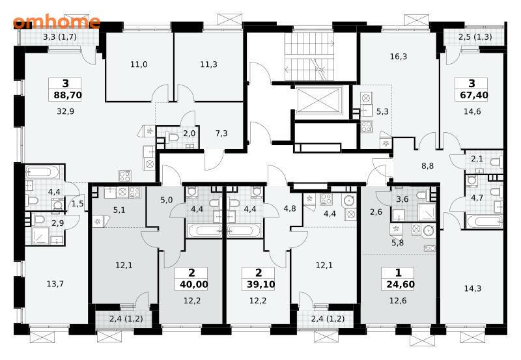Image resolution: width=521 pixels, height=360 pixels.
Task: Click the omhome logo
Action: (57, 22)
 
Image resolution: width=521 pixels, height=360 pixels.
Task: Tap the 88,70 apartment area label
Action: (68, 95)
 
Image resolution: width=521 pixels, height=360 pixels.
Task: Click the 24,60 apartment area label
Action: (401, 284)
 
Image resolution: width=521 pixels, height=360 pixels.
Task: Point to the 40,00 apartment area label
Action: (193, 284)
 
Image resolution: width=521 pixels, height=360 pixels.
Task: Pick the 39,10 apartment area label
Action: (260, 284)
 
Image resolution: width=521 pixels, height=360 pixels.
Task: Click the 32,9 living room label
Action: (66, 111)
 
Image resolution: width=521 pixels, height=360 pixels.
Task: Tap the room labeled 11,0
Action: (139, 64)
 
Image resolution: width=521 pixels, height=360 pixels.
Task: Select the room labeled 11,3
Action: (208, 64)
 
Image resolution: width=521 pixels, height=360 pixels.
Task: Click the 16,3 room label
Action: (399, 57)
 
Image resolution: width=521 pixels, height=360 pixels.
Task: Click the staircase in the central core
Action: (309, 57)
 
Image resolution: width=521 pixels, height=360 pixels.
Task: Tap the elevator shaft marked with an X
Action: (318, 100)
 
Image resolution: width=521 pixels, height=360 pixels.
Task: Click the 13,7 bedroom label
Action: (55, 284)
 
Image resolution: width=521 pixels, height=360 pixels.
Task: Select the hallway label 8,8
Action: (428, 166)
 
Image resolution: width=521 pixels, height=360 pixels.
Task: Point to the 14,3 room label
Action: (473, 288)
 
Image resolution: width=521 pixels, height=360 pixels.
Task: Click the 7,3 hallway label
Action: (221, 133)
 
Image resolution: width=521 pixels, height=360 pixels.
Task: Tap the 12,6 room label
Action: (398, 301)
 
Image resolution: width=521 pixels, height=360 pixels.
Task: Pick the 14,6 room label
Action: (472, 111)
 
